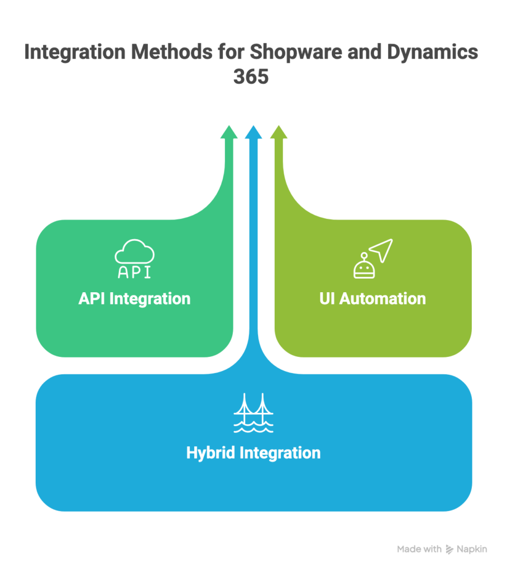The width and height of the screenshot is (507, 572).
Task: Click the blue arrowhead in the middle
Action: (253, 132)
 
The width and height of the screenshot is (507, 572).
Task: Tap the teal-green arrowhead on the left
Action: (228, 132)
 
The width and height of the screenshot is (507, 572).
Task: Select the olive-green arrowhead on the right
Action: (279, 132)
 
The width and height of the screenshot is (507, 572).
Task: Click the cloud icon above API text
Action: (134, 252)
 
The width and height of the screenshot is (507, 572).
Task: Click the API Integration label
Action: (134, 298)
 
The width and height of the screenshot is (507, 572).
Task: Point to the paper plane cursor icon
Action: (381, 250)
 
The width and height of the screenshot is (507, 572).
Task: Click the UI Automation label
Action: (372, 298)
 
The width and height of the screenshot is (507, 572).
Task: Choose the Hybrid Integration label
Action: (253, 452)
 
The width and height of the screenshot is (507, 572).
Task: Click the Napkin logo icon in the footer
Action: (450, 550)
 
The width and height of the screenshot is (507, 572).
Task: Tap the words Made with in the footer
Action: (419, 550)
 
